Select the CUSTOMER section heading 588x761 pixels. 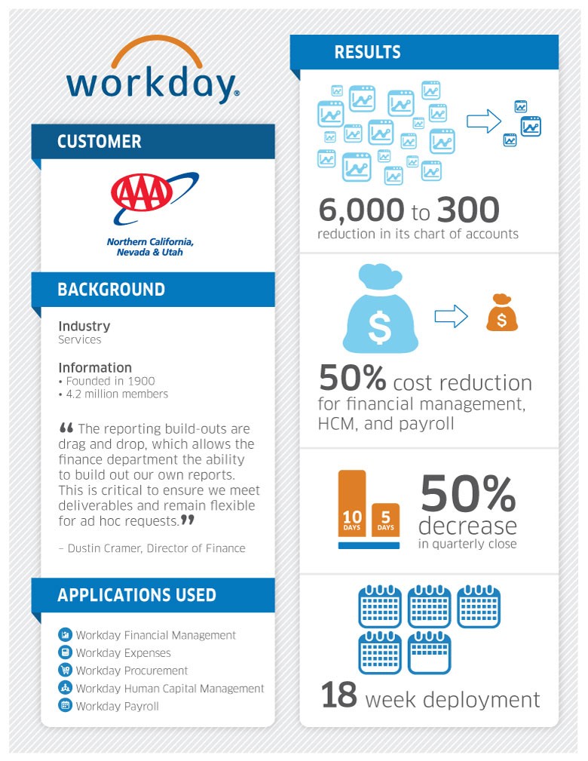pyautogui.click(x=99, y=142)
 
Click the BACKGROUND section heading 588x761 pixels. pyautogui.click(x=111, y=290)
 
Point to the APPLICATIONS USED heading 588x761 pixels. pyautogui.click(x=136, y=595)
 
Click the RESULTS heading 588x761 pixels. pyautogui.click(x=367, y=52)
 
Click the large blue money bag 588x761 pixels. pyautogui.click(x=381, y=316)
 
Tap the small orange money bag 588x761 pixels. pyautogui.click(x=501, y=312)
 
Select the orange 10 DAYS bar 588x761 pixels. pyautogui.click(x=352, y=502)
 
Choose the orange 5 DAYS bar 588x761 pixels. pyautogui.click(x=385, y=518)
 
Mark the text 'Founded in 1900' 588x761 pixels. pyautogui.click(x=110, y=381)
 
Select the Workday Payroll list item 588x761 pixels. pyautogui.click(x=117, y=707)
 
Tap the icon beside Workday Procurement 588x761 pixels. pyautogui.click(x=65, y=670)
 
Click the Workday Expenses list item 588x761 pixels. pyautogui.click(x=123, y=653)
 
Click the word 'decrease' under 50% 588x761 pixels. pyautogui.click(x=467, y=525)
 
